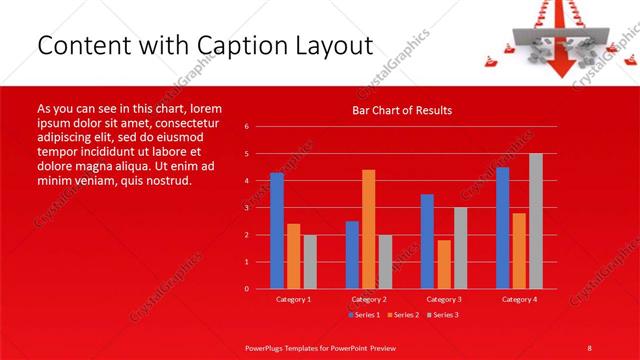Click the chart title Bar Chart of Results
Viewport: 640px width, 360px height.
(401, 110)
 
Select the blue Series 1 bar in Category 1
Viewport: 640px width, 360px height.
(276, 230)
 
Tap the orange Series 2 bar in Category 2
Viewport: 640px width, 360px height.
(368, 229)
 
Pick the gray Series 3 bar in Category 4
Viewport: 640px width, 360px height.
(536, 221)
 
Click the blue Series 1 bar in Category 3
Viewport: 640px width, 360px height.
(427, 241)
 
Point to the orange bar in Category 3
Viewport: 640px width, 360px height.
(444, 264)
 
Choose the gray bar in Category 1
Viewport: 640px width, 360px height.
(309, 261)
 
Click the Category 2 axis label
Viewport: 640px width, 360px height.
(369, 299)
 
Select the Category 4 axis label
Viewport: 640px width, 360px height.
(519, 299)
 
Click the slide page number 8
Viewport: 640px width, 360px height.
(590, 346)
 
